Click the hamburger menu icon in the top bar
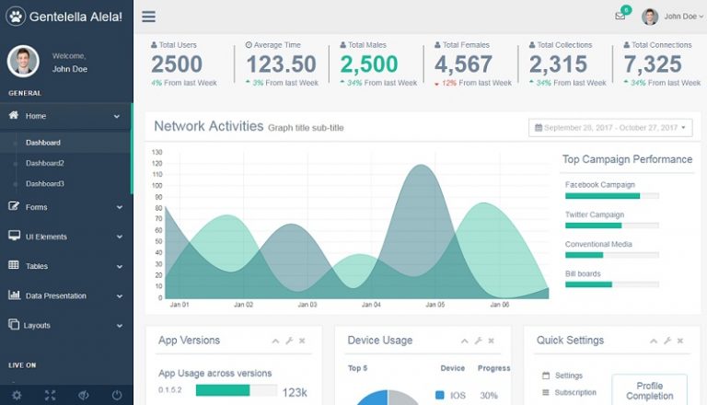(x=148, y=17)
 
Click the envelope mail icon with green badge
(x=620, y=17)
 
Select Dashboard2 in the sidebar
(x=44, y=163)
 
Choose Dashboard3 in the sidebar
(x=44, y=183)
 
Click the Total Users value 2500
(x=177, y=64)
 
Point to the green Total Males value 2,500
(x=369, y=64)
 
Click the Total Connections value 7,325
(x=653, y=64)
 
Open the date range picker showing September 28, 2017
(x=610, y=128)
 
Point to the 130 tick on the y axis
(x=156, y=152)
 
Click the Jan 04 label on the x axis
(x=370, y=305)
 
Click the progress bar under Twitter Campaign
(x=611, y=226)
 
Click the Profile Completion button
(x=649, y=390)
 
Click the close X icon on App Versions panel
(x=302, y=341)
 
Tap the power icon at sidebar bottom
(x=117, y=395)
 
